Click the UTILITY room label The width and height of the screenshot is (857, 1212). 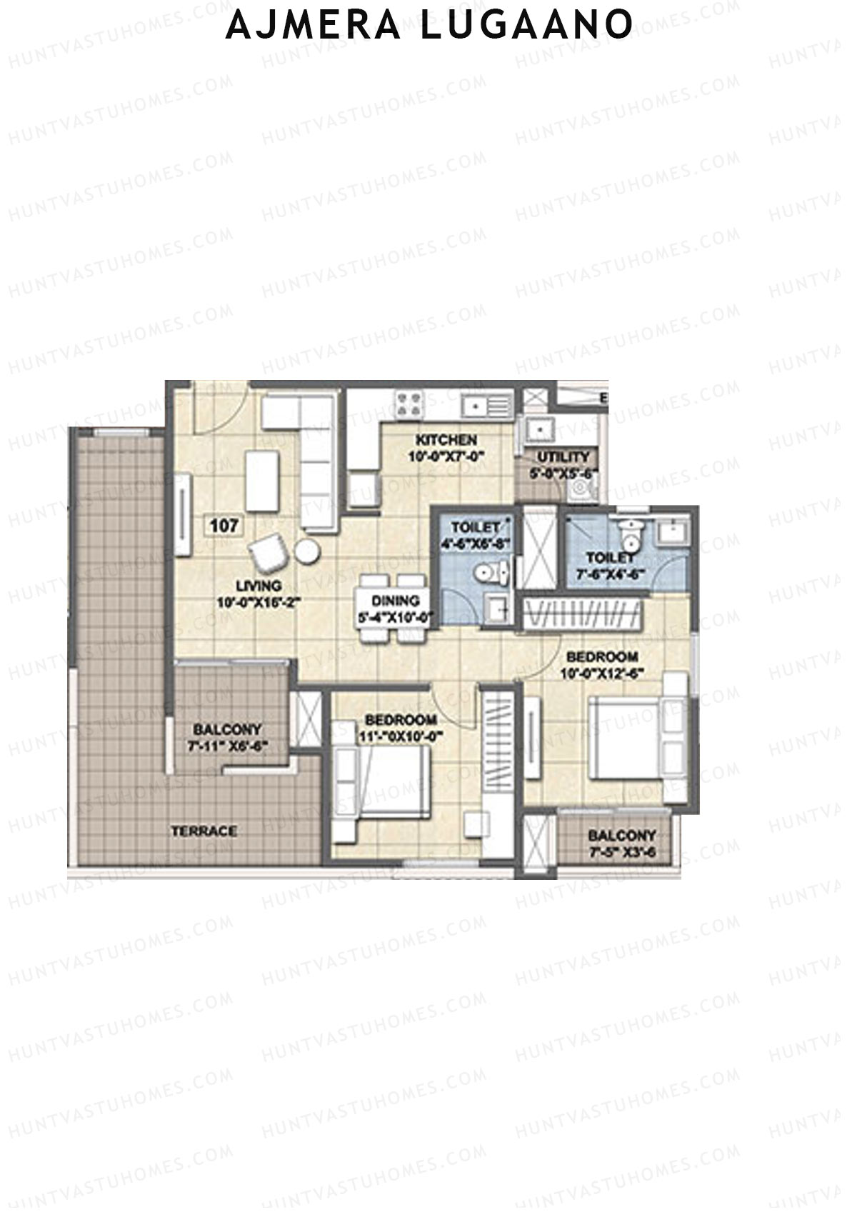click(x=563, y=456)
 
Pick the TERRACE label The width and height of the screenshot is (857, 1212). click(x=204, y=831)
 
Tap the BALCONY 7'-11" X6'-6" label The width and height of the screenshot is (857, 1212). click(x=228, y=730)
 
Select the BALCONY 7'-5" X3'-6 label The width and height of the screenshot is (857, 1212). click(x=621, y=836)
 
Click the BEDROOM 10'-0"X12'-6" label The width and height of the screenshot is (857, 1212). click(x=602, y=656)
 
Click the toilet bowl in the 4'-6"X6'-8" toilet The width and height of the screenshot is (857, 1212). click(x=491, y=573)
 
